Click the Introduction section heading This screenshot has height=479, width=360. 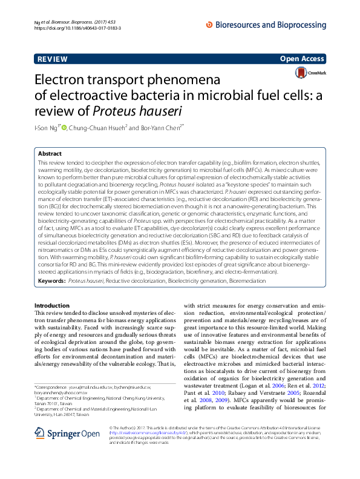(51, 306)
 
